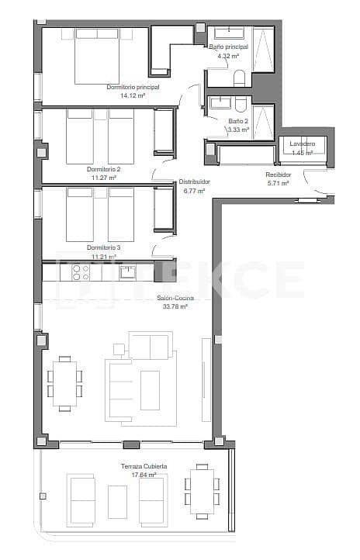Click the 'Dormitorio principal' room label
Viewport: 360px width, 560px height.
coord(133,88)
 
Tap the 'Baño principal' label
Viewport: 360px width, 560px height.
coord(228,47)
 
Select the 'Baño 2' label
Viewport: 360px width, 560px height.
coord(238,122)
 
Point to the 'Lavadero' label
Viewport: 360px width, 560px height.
coord(302,144)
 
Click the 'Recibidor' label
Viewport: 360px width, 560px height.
coord(279,175)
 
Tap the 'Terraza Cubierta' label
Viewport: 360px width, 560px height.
coord(144,466)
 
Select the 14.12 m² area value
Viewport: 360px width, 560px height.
coord(133,96)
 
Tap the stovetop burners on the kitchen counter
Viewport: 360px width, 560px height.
coord(81,272)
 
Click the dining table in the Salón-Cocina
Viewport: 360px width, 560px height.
coord(65,383)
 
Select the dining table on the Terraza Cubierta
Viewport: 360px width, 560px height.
coord(202,491)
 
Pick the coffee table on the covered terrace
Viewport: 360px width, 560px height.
coord(118,501)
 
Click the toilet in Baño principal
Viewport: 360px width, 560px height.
coord(240,78)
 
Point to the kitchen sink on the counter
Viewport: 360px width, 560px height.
coord(126,271)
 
